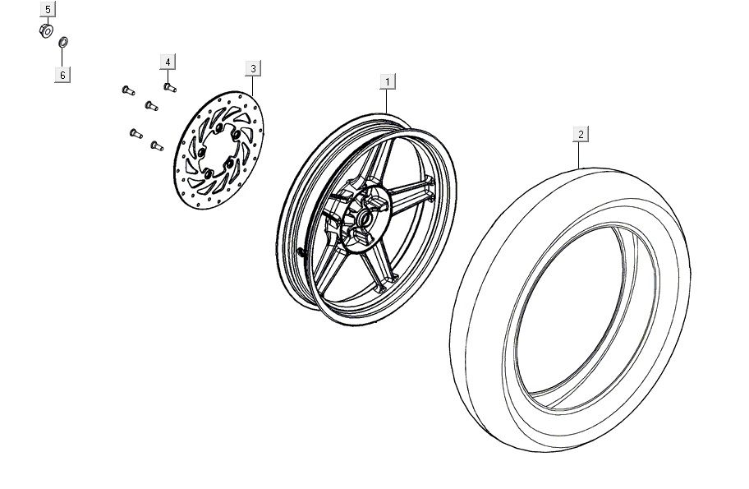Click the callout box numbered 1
click(388, 81)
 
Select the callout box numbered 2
click(581, 134)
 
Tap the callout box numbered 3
click(253, 68)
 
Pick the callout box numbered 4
click(168, 62)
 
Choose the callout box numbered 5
click(48, 9)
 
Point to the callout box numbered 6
click(62, 75)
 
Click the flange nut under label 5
click(46, 30)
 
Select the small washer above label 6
click(63, 42)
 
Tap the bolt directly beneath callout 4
click(170, 87)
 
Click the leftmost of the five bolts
click(128, 90)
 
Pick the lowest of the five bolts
click(157, 145)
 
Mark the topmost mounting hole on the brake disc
click(218, 127)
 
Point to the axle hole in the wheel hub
click(365, 219)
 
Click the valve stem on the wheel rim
click(301, 251)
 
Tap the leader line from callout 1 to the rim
click(387, 102)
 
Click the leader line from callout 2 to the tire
click(580, 155)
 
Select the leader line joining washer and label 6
click(62, 58)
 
